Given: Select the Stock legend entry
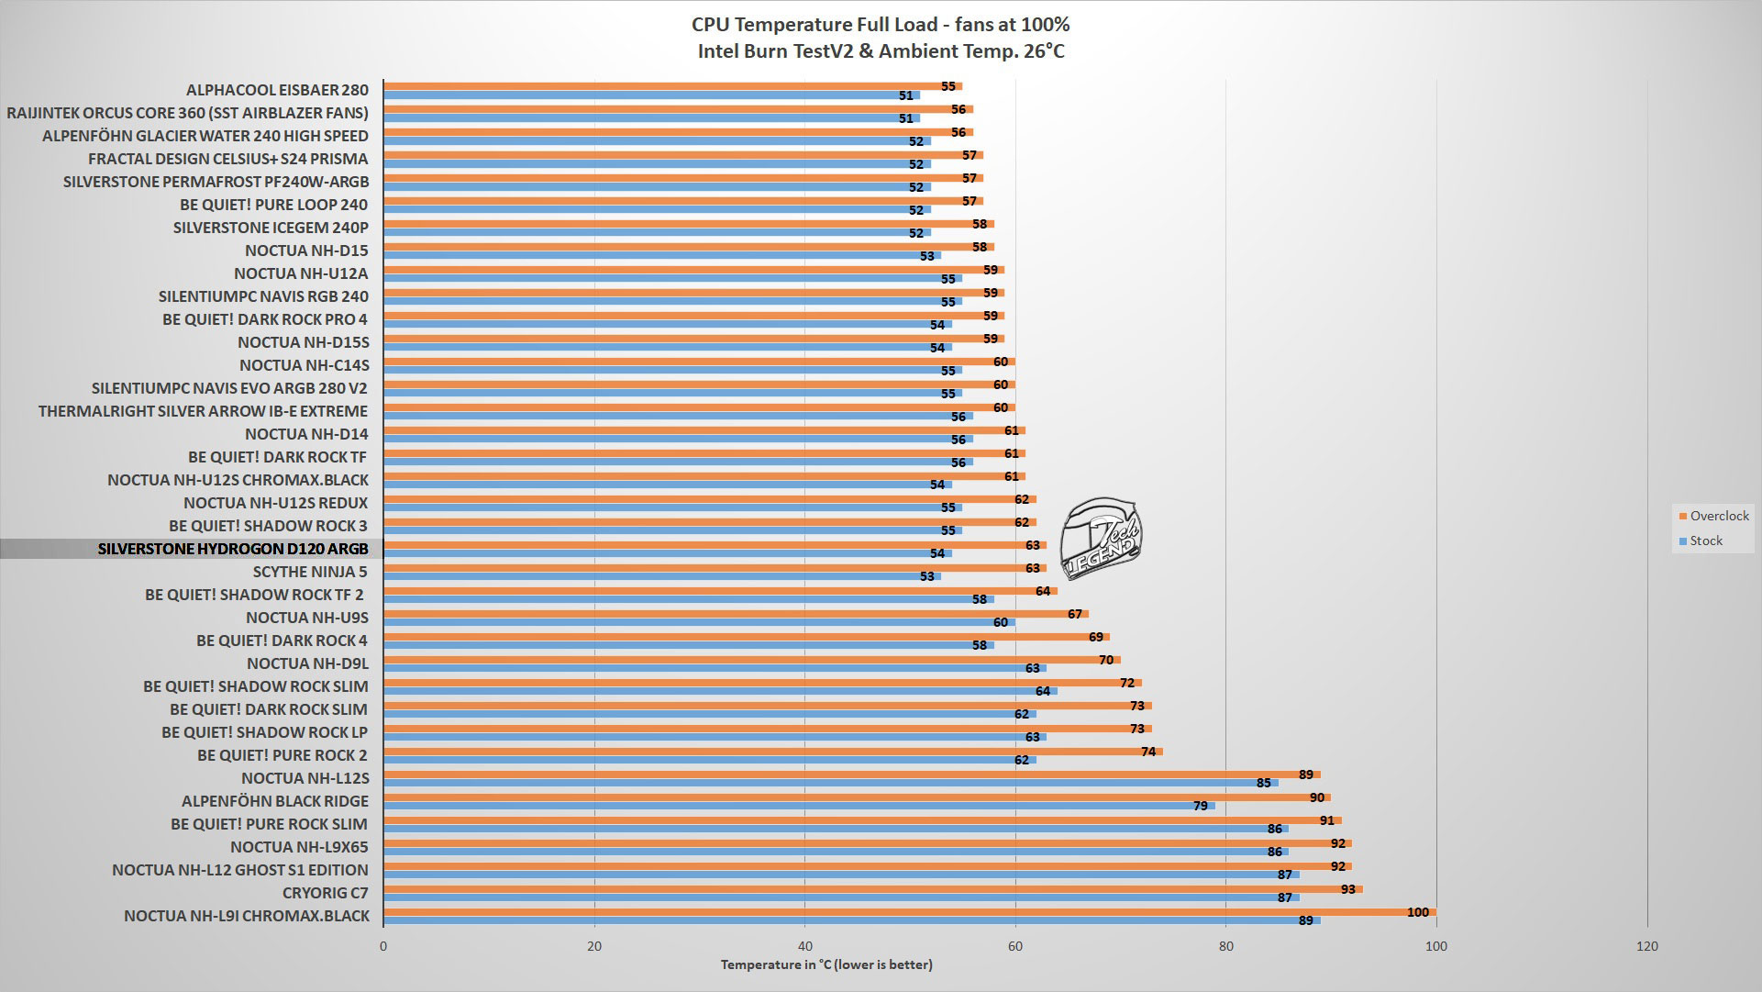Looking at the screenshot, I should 1705,541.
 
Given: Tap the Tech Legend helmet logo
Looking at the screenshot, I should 1101,541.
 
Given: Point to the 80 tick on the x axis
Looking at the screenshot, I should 1225,947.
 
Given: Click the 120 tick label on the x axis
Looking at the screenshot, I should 1647,947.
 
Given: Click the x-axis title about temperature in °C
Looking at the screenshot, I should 826,964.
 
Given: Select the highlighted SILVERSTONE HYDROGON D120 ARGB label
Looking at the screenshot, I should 233,549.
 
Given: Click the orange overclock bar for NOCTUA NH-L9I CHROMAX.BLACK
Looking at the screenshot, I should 908,912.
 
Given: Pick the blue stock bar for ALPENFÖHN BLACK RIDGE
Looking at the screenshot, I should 798,806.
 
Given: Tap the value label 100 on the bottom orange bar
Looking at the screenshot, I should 1417,912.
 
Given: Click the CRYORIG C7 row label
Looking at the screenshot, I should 326,892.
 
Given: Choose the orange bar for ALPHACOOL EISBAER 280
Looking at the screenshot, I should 670,86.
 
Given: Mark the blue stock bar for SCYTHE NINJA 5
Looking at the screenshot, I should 660,576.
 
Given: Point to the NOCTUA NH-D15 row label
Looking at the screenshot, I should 306,250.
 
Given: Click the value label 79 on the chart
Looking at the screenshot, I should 1201,806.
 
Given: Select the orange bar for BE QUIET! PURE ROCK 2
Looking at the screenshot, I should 770,752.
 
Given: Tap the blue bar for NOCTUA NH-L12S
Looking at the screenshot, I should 826,783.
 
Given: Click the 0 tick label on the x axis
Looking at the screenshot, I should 383,947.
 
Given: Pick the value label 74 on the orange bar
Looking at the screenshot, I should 1148,752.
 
